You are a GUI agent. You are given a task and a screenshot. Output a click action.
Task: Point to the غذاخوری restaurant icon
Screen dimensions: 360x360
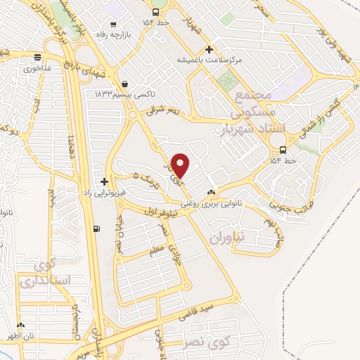point(37,58)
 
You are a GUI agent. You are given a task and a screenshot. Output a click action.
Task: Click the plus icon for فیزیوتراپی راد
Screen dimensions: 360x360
point(105,181)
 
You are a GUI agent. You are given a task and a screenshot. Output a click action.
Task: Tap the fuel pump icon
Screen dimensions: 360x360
point(96,229)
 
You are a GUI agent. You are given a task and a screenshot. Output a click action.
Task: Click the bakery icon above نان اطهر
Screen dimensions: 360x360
point(20,326)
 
